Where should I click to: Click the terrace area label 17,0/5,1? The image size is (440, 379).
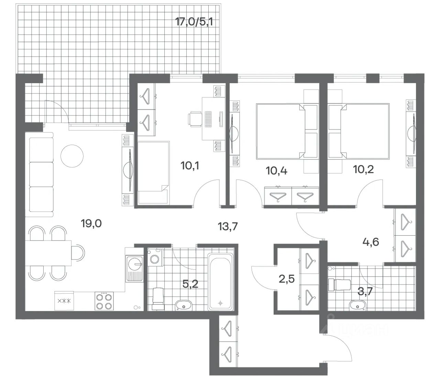(194, 22)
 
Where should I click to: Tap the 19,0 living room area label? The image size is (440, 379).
(91, 223)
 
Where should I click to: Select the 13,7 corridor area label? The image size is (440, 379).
(228, 227)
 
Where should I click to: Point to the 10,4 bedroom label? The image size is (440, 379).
(276, 171)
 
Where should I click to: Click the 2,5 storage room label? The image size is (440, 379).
(287, 279)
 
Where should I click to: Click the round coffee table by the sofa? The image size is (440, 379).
(72, 156)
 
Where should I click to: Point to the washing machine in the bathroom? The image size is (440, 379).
(155, 258)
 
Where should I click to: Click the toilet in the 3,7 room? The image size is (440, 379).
(339, 285)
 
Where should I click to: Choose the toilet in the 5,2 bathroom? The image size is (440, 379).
(158, 299)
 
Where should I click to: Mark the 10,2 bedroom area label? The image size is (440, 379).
(363, 170)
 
